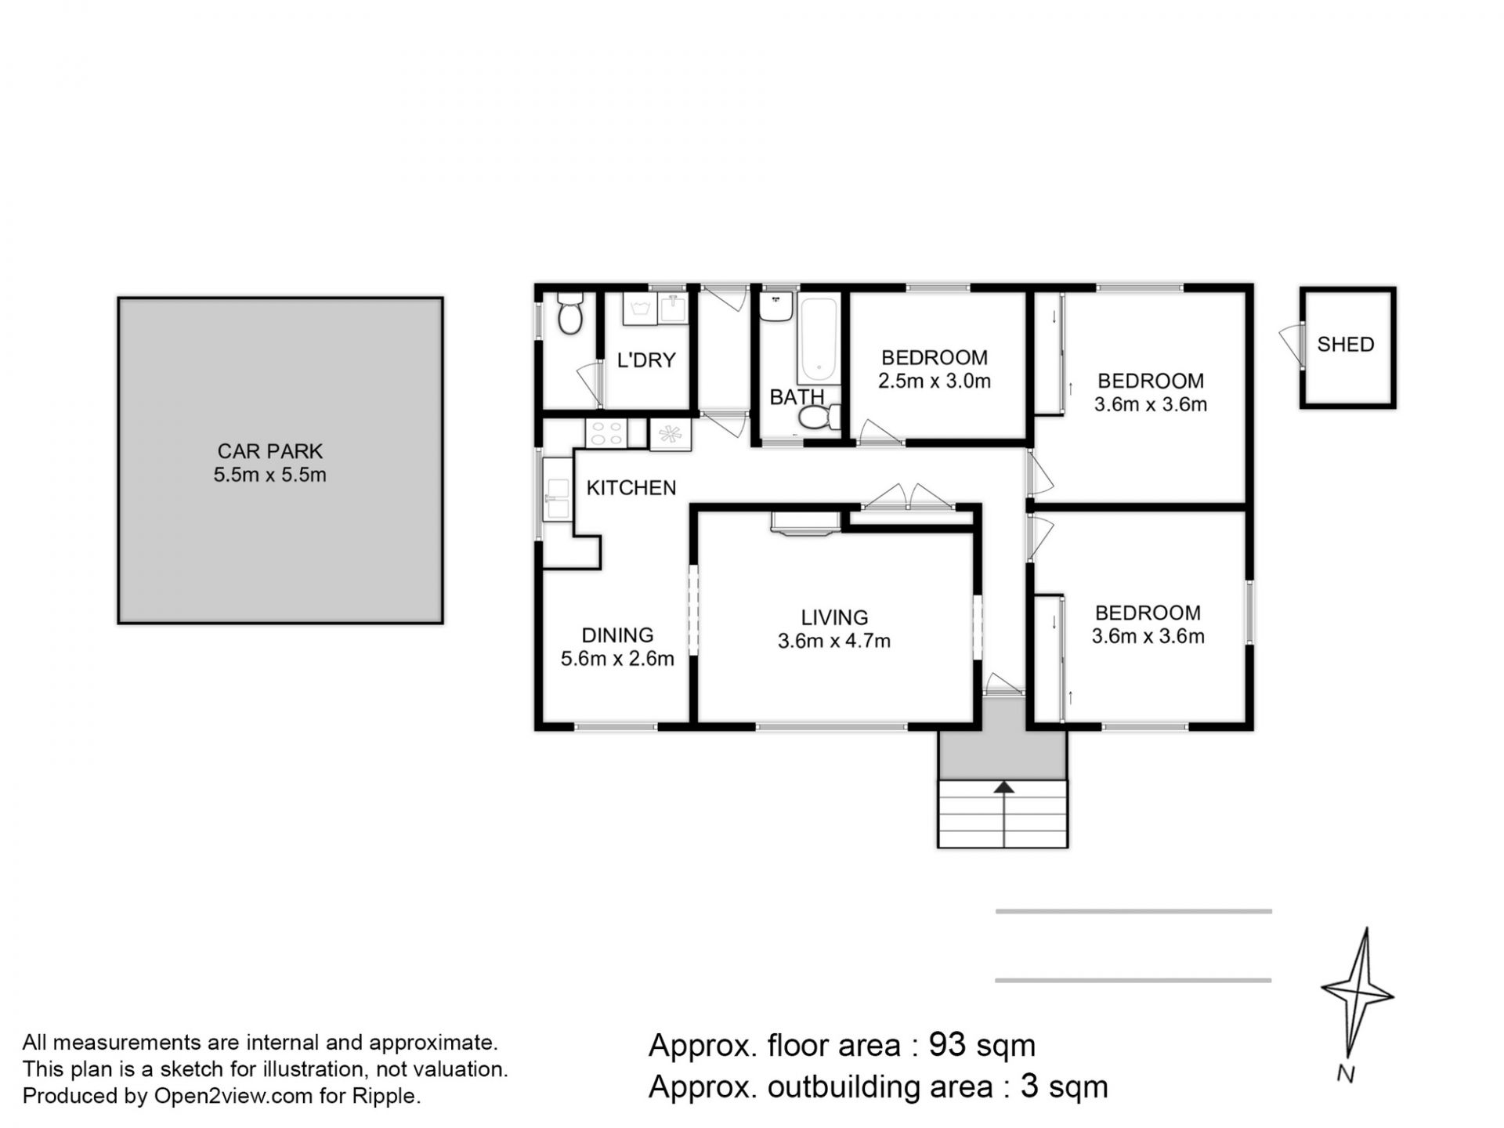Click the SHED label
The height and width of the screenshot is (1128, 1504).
tap(1345, 345)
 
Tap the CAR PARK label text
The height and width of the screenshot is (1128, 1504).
tap(269, 451)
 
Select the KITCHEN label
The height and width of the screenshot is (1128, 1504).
tap(631, 488)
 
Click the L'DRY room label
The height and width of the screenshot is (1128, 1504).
tap(646, 360)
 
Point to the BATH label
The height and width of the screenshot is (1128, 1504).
tap(797, 397)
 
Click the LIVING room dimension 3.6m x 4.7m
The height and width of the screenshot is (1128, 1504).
tap(834, 641)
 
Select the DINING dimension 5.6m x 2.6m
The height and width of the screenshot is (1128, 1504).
tap(617, 659)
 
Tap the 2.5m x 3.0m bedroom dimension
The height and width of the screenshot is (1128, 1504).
tap(935, 381)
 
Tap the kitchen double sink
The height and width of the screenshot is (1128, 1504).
tap(557, 498)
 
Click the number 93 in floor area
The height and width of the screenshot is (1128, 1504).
tap(947, 1045)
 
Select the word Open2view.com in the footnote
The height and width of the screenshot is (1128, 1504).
tap(233, 1097)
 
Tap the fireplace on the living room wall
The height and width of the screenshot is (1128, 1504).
tap(805, 522)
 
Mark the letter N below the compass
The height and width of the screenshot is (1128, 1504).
tap(1346, 1074)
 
